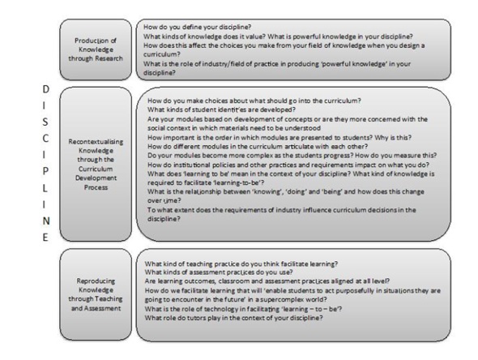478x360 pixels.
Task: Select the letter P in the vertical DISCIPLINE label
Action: point(45,172)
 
